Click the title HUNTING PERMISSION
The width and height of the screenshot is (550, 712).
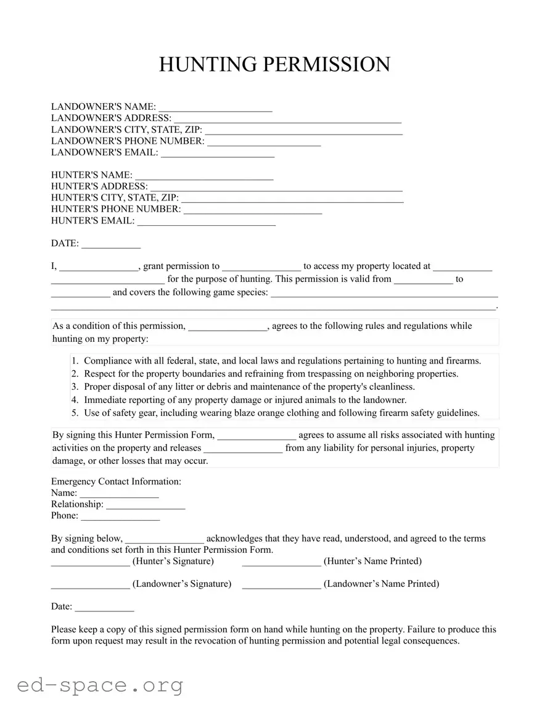pos(274,65)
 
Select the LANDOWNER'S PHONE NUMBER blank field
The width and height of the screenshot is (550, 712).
pos(264,141)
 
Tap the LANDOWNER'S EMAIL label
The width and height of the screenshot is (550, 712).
pos(104,152)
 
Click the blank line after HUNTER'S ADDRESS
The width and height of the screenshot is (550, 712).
pos(276,187)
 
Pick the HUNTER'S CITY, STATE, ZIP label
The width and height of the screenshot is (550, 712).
pos(115,198)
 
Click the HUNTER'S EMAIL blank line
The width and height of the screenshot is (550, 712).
pos(206,221)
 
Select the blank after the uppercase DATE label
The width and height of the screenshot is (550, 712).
pos(111,244)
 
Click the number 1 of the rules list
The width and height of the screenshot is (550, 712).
pos(75,361)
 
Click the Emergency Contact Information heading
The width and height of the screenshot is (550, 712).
pos(116,481)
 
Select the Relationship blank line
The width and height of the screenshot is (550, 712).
pos(146,505)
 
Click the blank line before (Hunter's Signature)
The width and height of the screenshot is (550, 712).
pos(90,562)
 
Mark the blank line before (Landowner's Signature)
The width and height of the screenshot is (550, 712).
pos(90,585)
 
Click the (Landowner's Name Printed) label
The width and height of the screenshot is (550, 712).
pos(381,584)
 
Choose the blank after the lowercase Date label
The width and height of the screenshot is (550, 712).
pos(104,608)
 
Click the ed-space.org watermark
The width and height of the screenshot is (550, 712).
pos(100,685)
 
